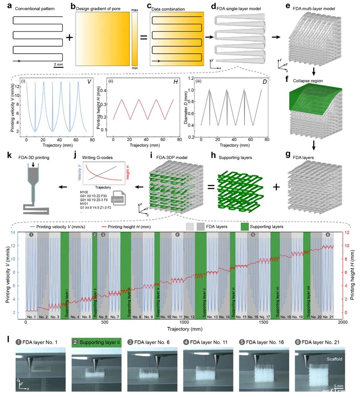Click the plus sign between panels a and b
69,37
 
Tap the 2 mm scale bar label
58,64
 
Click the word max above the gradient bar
134,9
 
